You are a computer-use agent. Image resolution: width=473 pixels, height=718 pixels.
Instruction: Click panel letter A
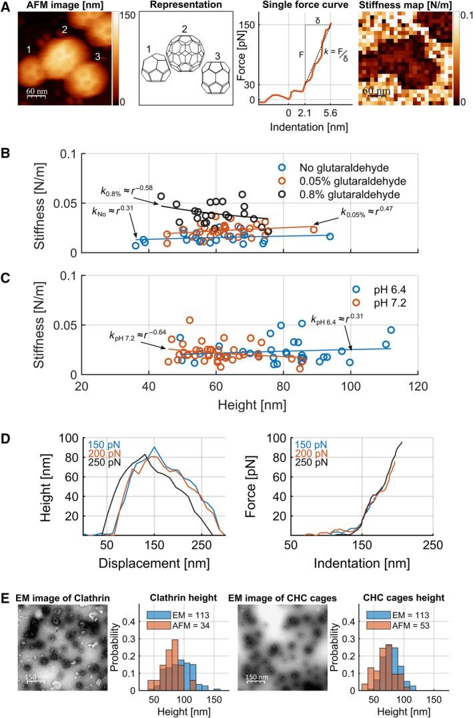point(7,6)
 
